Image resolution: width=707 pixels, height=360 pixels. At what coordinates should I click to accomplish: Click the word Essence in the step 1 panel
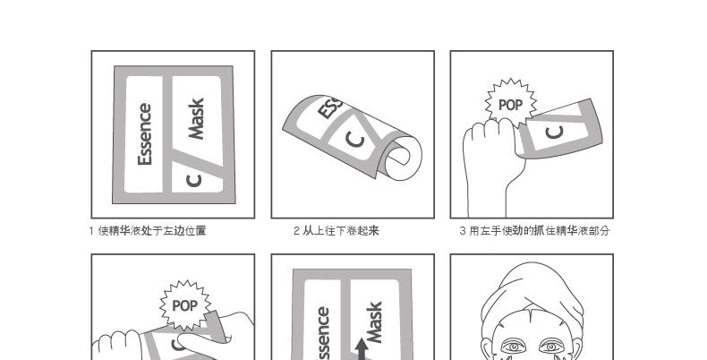145,134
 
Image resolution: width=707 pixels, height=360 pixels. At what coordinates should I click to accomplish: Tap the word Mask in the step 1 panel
196,118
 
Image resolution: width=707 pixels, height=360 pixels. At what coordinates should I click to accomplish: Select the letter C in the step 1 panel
194,181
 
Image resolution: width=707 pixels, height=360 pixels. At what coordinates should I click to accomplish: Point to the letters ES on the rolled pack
329,107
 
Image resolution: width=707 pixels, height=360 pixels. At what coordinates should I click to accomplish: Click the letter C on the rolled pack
355,139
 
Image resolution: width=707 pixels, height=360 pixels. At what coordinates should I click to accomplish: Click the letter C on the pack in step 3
555,133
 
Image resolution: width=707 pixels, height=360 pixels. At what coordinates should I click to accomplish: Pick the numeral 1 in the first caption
91,231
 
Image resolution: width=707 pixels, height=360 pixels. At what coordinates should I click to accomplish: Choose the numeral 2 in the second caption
296,231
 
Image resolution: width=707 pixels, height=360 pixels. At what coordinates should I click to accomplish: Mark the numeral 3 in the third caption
463,231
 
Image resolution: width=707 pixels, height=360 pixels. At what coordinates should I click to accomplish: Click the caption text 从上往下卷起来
341,231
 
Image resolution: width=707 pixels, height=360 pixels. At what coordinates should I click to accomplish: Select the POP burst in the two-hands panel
185,305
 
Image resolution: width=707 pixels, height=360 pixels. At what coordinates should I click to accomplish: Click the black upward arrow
362,349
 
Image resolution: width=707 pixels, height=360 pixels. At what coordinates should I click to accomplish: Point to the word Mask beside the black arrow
374,322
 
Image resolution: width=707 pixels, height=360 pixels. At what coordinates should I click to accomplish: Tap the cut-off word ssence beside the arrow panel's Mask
323,333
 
